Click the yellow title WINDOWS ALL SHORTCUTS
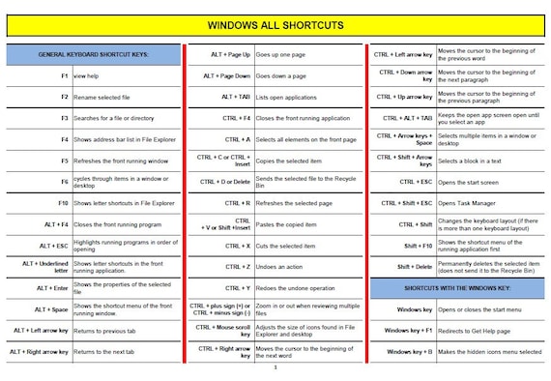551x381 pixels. click(275, 24)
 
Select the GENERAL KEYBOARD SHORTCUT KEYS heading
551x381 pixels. click(93, 54)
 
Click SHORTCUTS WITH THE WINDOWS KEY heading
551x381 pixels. click(456, 288)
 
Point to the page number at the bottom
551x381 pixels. click(275, 367)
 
